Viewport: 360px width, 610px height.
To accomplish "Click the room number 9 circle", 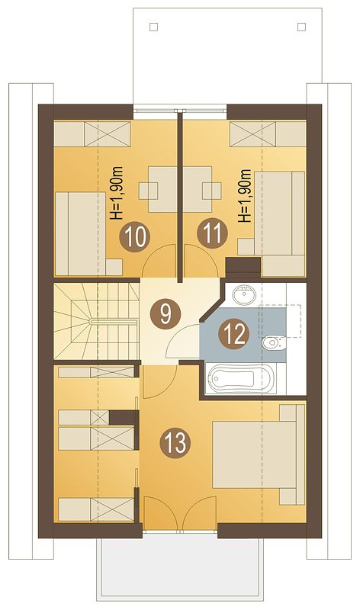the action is point(166,313).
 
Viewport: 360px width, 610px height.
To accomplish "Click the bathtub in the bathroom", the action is point(241,378).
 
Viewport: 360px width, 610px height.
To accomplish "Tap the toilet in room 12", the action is point(274,342).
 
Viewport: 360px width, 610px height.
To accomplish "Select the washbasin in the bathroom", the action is point(244,295).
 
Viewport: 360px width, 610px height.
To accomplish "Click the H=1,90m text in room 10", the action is point(117,194).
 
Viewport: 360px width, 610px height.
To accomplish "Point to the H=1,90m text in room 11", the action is point(246,196).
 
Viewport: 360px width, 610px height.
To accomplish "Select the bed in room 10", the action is point(81,233).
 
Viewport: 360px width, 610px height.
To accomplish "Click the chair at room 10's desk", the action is point(148,191).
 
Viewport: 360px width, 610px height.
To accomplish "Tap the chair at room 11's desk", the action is point(212,191).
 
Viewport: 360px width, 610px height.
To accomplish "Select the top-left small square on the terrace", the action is point(154,27).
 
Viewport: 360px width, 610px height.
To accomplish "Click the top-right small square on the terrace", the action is point(301,27).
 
